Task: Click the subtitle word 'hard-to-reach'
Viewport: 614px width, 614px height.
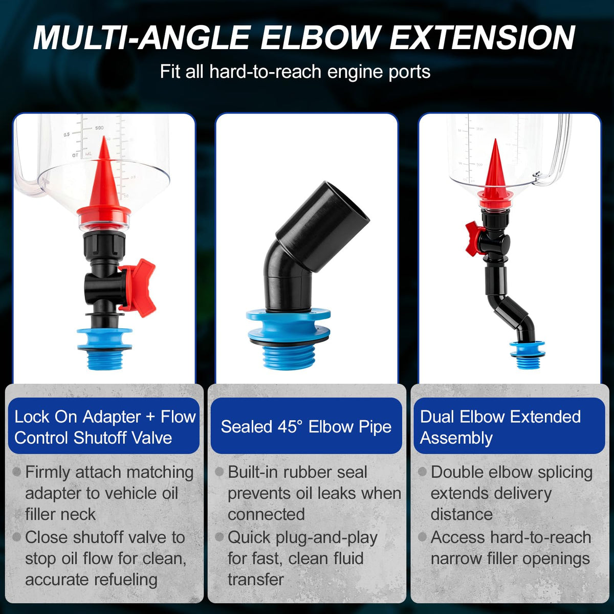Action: click(265, 71)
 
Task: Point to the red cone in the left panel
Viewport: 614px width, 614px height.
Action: click(103, 182)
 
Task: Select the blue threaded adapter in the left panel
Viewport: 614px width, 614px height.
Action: click(104, 349)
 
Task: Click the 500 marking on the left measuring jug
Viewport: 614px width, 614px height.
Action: click(99, 128)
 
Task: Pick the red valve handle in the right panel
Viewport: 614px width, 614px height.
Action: click(473, 237)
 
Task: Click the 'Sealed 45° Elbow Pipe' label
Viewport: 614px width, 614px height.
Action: click(306, 426)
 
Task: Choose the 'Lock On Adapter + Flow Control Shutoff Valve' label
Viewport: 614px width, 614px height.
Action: click(104, 426)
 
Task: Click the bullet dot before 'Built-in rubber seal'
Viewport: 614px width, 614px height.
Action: click(219, 472)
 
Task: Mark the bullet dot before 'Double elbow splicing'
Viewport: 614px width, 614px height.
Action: click(422, 472)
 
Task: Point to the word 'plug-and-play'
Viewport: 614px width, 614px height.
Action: click(326, 538)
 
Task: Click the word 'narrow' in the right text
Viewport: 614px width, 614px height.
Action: click(456, 559)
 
